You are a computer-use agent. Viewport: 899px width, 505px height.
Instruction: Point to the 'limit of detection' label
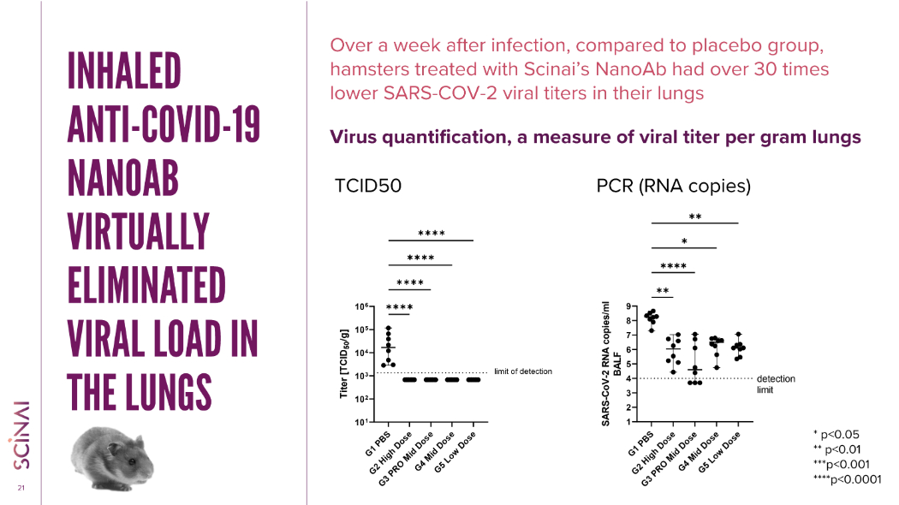523,371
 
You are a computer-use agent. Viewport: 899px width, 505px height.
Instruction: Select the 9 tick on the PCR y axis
629,306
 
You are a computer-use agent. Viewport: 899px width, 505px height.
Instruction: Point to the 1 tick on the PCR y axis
629,422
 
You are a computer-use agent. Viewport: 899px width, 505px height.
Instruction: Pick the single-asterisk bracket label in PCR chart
684,241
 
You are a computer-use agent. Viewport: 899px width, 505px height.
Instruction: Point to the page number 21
20,489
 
